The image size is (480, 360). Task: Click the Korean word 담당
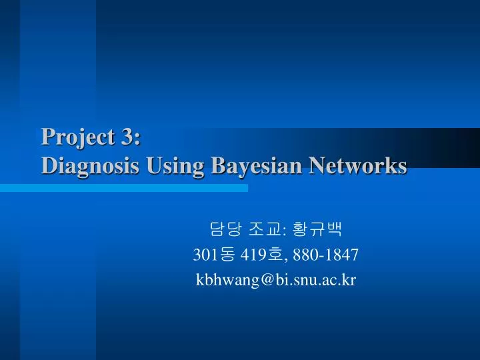pos(225,230)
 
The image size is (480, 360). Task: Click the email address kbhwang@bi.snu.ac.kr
pos(275,280)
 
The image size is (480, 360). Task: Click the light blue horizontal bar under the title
pos(123,188)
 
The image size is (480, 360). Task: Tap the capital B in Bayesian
pos(217,165)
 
